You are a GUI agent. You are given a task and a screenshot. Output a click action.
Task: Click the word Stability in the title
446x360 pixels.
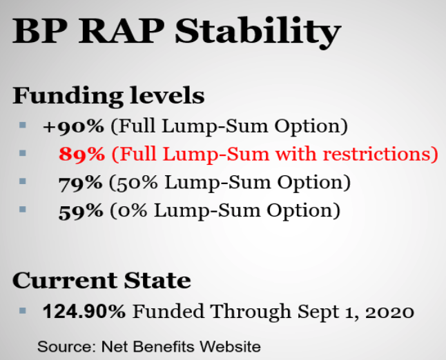(258, 32)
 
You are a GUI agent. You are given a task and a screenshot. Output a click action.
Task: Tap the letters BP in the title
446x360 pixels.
(40, 30)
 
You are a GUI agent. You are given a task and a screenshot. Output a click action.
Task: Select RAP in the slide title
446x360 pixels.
(122, 30)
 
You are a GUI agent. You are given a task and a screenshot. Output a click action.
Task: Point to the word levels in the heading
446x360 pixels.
(167, 95)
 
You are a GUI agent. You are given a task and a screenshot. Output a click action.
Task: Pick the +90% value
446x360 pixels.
(73, 126)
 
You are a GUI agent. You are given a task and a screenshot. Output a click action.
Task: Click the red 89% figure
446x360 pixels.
(81, 154)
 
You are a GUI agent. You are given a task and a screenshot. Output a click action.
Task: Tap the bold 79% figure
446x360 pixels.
(80, 183)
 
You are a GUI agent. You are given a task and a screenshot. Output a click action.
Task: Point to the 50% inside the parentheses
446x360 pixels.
(137, 183)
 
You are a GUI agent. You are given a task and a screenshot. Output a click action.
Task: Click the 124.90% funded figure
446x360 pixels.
(84, 311)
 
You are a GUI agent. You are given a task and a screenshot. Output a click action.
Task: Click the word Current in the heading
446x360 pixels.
(65, 280)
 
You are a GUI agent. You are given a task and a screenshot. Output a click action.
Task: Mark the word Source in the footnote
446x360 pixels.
(67, 347)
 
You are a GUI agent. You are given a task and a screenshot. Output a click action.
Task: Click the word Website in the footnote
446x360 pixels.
(230, 346)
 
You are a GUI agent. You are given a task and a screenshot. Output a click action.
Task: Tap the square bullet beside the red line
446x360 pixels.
(23, 153)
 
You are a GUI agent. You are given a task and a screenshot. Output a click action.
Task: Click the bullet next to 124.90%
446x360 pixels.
(23, 310)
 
